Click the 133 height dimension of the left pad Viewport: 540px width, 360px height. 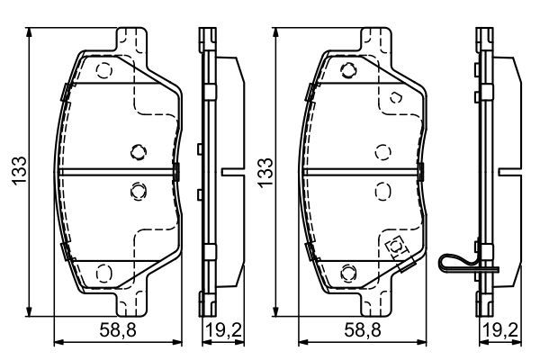(19, 171)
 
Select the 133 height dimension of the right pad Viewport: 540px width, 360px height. (265, 173)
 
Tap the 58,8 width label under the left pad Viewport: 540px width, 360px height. (118, 330)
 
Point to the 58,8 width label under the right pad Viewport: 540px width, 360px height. (363, 330)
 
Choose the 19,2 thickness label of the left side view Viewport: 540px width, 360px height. (223, 330)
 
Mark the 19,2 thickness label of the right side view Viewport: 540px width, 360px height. (500, 330)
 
